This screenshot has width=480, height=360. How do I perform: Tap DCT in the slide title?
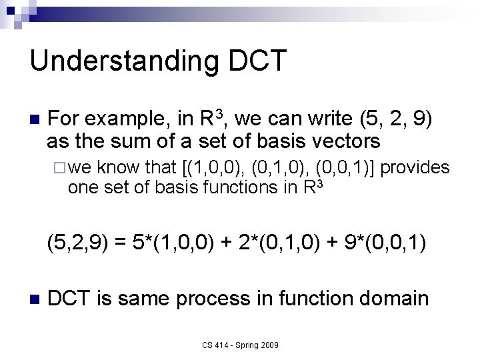257,61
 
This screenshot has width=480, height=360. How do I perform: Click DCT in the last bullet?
70,298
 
